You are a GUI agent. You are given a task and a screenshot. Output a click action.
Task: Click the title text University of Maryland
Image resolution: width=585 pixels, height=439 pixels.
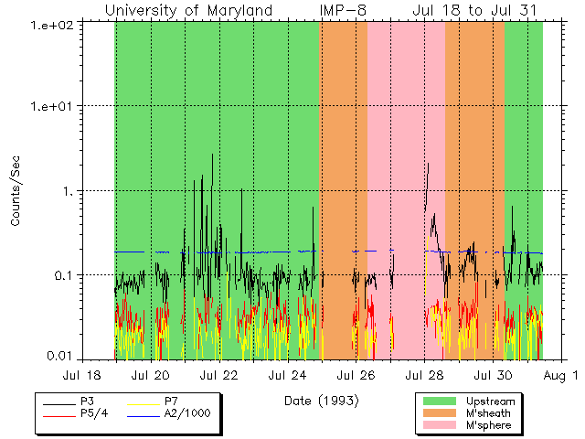(x=188, y=10)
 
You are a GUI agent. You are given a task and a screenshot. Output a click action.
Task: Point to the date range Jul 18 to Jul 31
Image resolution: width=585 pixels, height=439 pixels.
(x=473, y=10)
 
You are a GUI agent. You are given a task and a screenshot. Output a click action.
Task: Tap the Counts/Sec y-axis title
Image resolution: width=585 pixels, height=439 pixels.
(x=16, y=190)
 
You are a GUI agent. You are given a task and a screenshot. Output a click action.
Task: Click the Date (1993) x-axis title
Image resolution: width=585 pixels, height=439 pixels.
(x=321, y=401)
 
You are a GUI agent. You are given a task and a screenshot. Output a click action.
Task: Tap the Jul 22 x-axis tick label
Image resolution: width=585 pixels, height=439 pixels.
(x=219, y=376)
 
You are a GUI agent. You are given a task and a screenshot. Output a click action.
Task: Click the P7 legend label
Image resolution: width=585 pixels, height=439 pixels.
(x=173, y=402)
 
